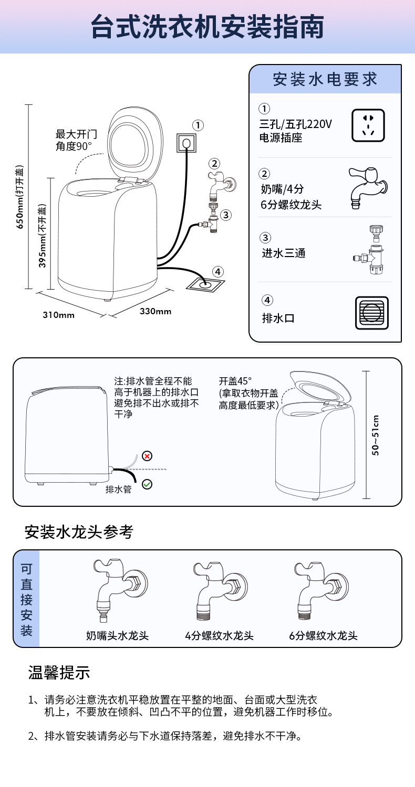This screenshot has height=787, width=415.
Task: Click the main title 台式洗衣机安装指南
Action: pyautogui.click(x=207, y=26)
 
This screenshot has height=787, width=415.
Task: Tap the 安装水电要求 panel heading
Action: pyautogui.click(x=325, y=79)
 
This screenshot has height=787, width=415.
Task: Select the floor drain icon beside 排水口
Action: pyautogui.click(x=372, y=313)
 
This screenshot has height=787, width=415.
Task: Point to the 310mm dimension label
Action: pyautogui.click(x=58, y=315)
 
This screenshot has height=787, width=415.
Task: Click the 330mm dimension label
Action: pyautogui.click(x=155, y=311)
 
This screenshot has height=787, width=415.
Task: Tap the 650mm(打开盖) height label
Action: pyautogui.click(x=19, y=197)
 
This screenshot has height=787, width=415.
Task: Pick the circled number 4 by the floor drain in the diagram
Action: pyautogui.click(x=218, y=272)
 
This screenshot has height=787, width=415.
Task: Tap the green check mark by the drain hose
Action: pyautogui.click(x=147, y=484)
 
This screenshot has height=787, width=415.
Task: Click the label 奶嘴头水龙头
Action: pyautogui.click(x=117, y=635)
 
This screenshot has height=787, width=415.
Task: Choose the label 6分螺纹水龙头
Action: pyautogui.click(x=323, y=635)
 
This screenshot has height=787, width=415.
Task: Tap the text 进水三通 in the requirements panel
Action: pyautogui.click(x=284, y=253)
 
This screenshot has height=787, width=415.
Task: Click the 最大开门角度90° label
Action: pyautogui.click(x=80, y=140)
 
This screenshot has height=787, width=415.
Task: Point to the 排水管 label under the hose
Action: pyautogui.click(x=118, y=489)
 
